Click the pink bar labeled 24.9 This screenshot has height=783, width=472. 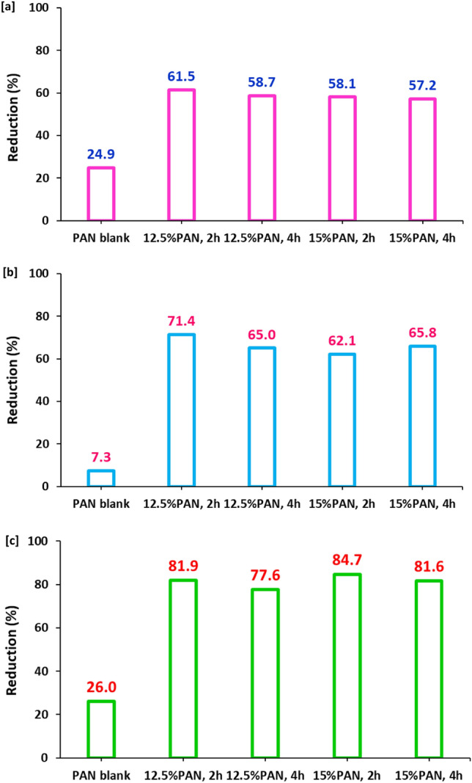(x=101, y=194)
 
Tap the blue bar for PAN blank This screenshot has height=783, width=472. (x=101, y=478)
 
